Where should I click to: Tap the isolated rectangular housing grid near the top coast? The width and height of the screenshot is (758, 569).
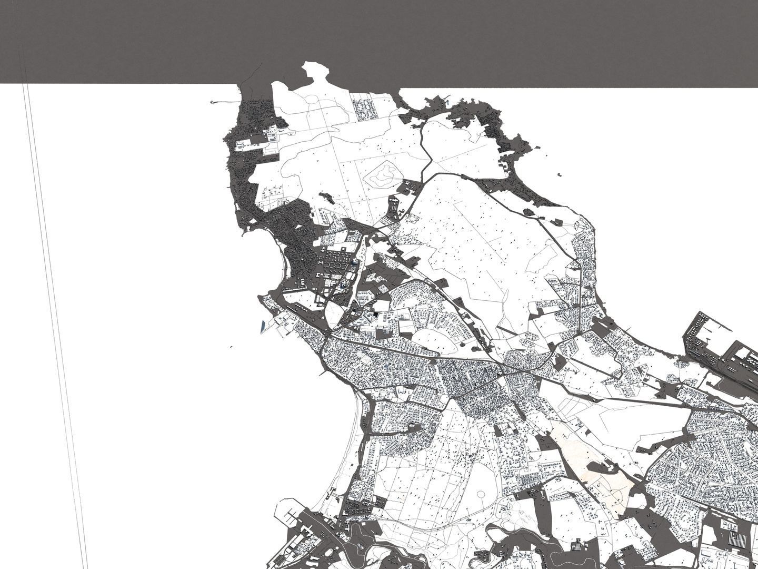363,109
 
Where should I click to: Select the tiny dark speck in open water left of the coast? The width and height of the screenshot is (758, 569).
231,347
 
